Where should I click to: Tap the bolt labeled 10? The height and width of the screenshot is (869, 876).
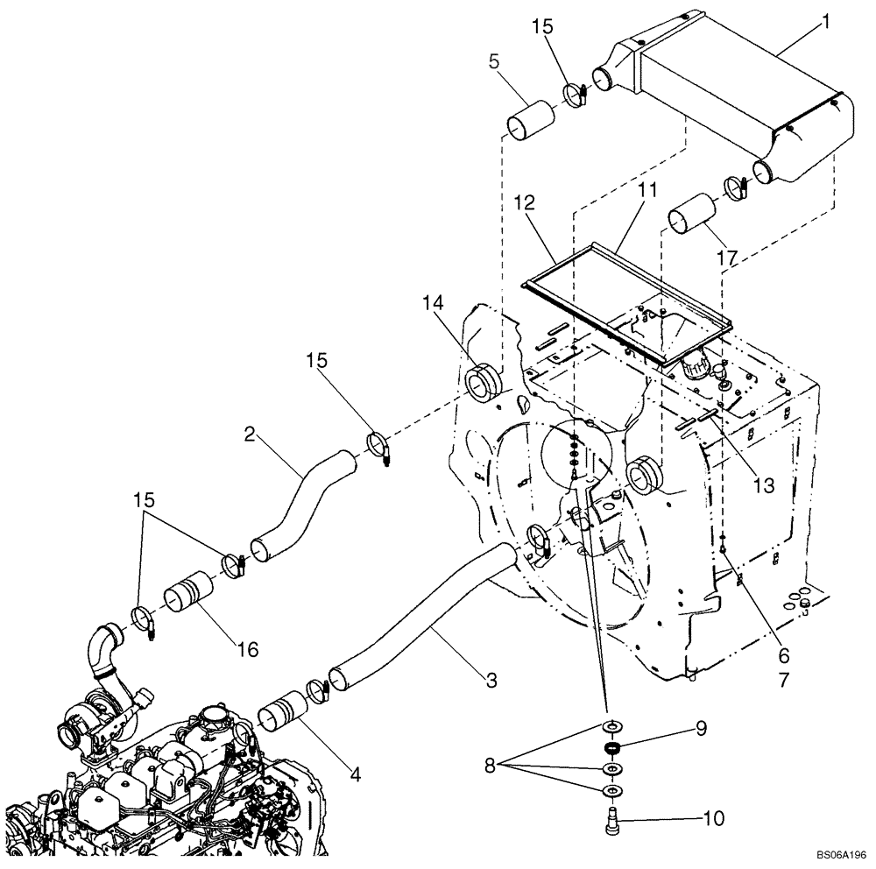(611, 822)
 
